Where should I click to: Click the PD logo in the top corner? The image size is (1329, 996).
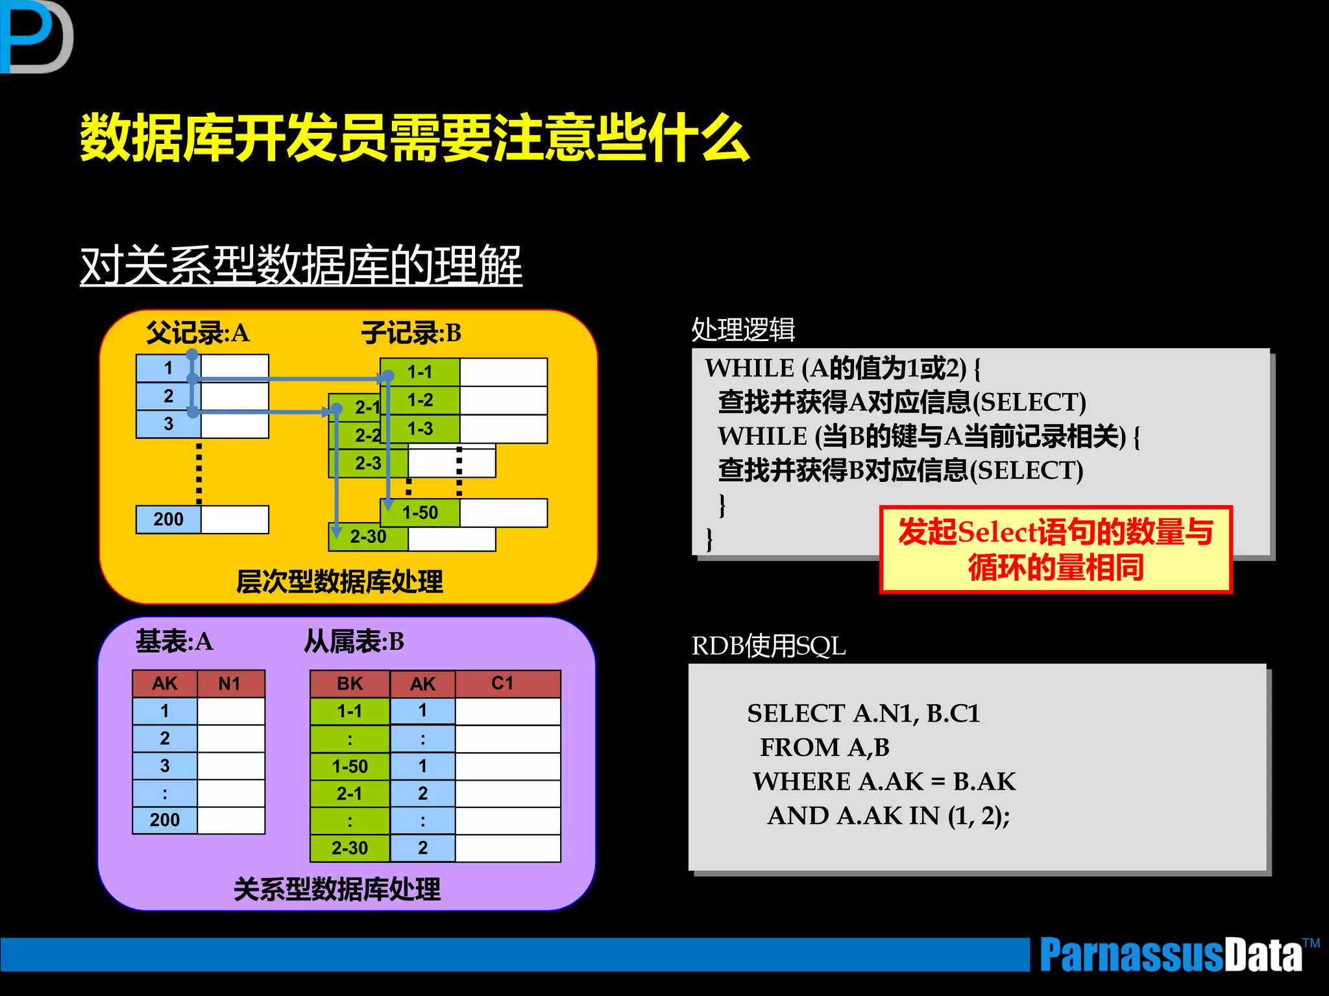point(36,36)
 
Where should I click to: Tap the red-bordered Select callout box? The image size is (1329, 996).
point(1055,549)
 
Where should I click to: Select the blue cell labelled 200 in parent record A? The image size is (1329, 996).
point(169,519)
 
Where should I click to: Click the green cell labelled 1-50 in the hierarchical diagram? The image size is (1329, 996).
point(421,512)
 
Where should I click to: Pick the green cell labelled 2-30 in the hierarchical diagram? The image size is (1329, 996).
point(368,537)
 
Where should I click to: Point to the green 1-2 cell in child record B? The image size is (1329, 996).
point(421,400)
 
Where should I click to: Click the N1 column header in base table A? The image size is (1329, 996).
point(230,683)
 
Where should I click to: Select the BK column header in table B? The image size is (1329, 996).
point(350,683)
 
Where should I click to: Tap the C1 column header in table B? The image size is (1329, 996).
point(503,683)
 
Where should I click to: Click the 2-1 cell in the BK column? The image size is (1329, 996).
point(350,793)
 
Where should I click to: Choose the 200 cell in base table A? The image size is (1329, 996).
point(165,820)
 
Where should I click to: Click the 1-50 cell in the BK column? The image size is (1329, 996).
point(350,766)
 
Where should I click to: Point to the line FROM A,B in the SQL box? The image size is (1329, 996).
point(825,747)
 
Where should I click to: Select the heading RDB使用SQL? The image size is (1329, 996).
point(768,646)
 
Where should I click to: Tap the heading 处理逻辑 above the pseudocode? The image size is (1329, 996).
point(743,329)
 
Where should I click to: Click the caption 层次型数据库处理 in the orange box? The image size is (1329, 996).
point(339,582)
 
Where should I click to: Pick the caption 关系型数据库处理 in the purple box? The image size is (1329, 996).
point(337,889)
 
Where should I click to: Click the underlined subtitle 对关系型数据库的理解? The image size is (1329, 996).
point(301,265)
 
